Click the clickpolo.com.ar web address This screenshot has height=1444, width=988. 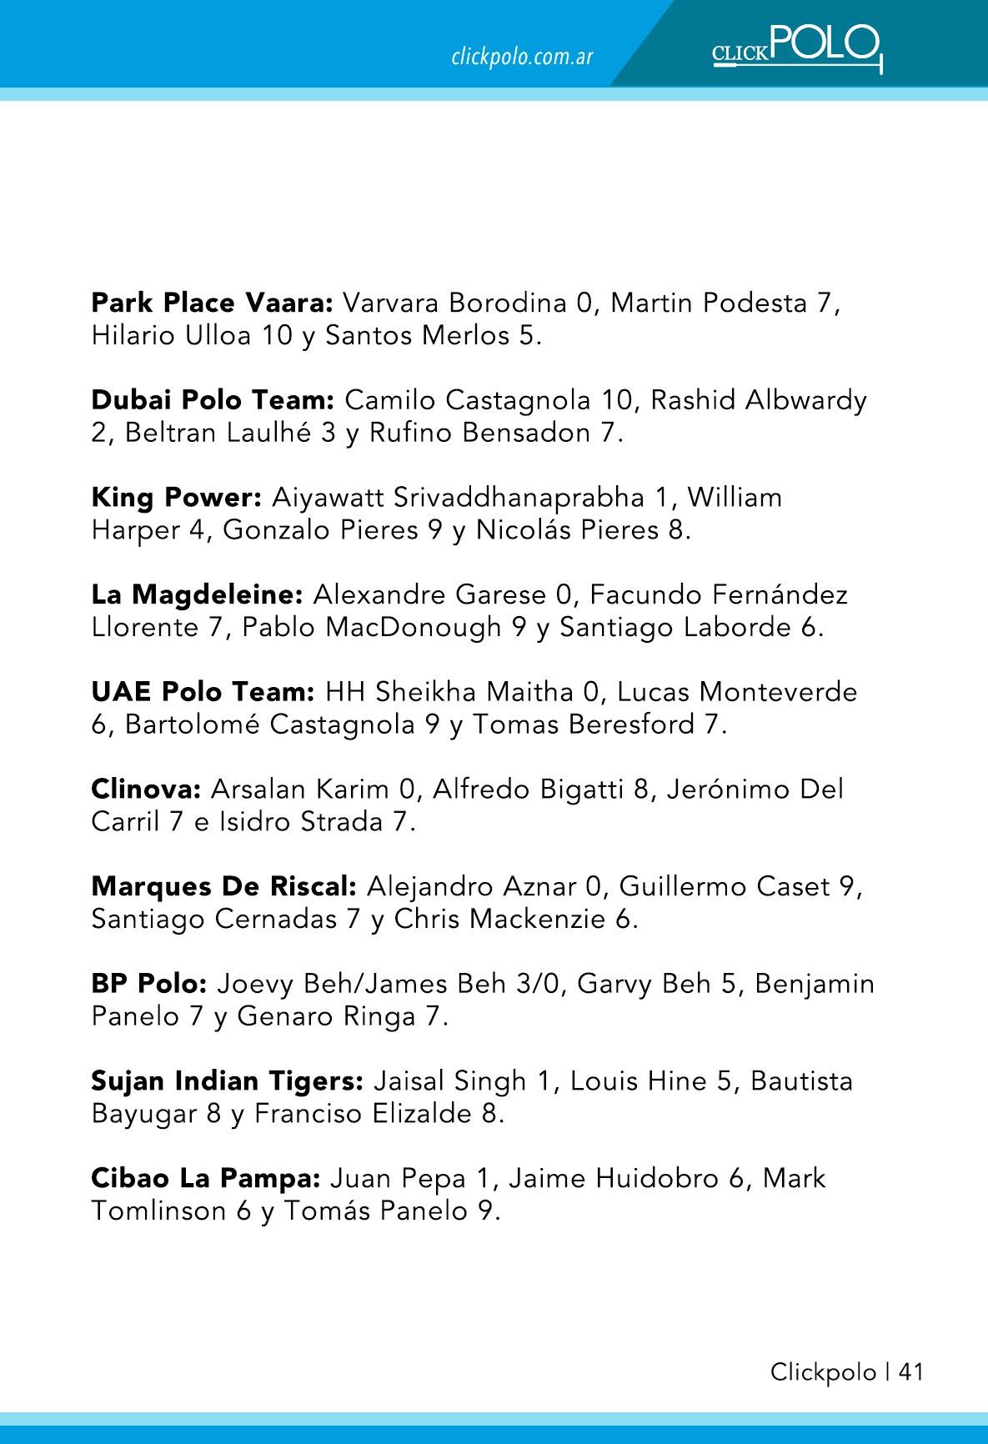pyautogui.click(x=522, y=57)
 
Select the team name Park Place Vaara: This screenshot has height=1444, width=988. pyautogui.click(x=213, y=302)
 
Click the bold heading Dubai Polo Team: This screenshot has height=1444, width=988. pyautogui.click(x=213, y=400)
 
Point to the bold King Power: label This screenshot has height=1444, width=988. pyautogui.click(x=177, y=498)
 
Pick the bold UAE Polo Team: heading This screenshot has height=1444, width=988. pyautogui.click(x=203, y=692)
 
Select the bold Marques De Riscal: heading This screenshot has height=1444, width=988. pyautogui.click(x=224, y=886)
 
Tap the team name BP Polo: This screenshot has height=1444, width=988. pyautogui.click(x=149, y=984)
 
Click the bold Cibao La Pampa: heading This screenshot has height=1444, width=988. pyautogui.click(x=206, y=1179)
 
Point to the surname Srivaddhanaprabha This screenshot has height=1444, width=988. pyautogui.click(x=519, y=498)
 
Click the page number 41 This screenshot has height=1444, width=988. pyautogui.click(x=911, y=1372)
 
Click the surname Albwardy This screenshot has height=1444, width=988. pyautogui.click(x=806, y=400)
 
